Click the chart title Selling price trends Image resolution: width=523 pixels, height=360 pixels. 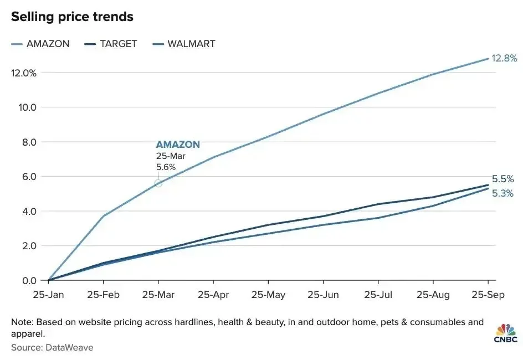pyautogui.click(x=72, y=17)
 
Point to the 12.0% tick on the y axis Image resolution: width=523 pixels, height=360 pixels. pyautogui.click(x=23, y=73)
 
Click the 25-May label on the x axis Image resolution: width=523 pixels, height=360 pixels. pyautogui.click(x=268, y=295)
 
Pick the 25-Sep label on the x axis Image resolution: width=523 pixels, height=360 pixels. pyautogui.click(x=488, y=295)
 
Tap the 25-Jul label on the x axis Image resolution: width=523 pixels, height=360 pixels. pyautogui.click(x=378, y=295)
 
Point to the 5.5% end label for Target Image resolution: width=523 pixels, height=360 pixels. pyautogui.click(x=503, y=179)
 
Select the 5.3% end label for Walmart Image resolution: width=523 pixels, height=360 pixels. pyautogui.click(x=503, y=194)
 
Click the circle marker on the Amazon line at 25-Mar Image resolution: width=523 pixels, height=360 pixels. pyautogui.click(x=158, y=183)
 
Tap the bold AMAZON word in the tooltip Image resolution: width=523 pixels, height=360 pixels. pyautogui.click(x=178, y=145)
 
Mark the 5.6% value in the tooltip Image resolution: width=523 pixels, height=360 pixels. pyautogui.click(x=166, y=166)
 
